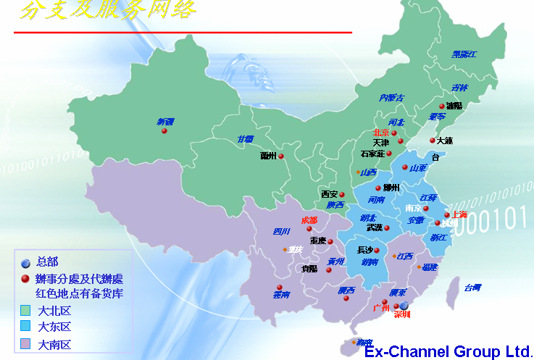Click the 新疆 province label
click(165, 122)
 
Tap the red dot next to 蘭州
click(281, 156)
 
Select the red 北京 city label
click(381, 133)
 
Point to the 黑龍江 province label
click(464, 54)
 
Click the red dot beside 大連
click(433, 141)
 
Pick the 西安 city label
click(330, 194)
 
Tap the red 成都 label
click(309, 220)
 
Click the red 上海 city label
click(459, 214)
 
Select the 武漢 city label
click(374, 227)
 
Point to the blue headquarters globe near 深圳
click(404, 306)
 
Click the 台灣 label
click(472, 288)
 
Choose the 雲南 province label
click(281, 295)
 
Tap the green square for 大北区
click(25, 311)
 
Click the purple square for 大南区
click(25, 343)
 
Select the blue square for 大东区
click(25, 327)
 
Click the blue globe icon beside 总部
click(25, 262)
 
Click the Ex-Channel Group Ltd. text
click(447, 352)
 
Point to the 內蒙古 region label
click(391, 98)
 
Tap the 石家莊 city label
click(372, 154)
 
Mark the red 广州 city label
click(380, 308)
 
